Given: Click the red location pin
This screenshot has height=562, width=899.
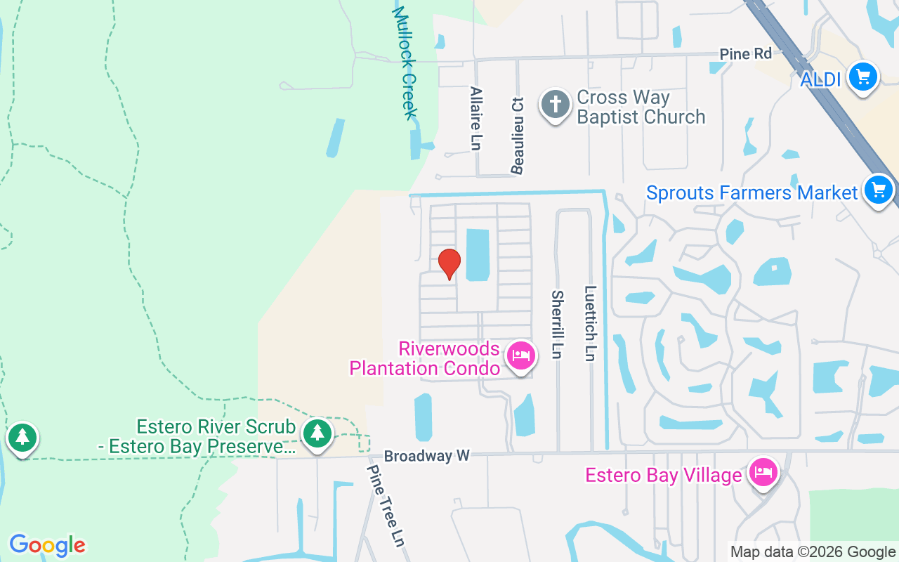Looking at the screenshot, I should (x=449, y=263).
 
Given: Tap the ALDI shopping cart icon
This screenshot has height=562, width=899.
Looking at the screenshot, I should (x=862, y=77).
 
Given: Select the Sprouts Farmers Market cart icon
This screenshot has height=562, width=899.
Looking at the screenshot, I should (x=878, y=190).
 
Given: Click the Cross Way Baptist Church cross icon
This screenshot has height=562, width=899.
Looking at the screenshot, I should (x=555, y=105).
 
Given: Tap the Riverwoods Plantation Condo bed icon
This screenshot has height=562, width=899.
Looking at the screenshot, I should (x=520, y=355).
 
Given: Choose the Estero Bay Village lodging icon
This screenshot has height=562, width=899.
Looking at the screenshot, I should (x=762, y=472).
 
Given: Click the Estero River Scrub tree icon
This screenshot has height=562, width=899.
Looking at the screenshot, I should (x=317, y=433).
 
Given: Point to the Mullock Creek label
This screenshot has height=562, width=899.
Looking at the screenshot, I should (x=405, y=63).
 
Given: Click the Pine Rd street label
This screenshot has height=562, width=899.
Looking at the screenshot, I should (x=745, y=54).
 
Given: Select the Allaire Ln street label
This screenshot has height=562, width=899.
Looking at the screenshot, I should (x=476, y=118).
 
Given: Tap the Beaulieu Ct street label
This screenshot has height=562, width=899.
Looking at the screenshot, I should (x=518, y=135).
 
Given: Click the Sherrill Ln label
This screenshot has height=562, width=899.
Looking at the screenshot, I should (x=558, y=325).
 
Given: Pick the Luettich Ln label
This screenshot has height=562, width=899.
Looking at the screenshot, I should (x=590, y=323).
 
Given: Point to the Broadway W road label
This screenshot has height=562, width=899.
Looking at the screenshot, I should (x=427, y=456).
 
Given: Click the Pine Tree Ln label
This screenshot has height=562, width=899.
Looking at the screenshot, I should (x=386, y=506).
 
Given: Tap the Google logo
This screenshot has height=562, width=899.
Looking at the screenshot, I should (x=47, y=545).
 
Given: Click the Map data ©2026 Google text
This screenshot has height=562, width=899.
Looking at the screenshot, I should (x=813, y=552).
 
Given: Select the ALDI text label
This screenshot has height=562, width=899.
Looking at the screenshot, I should (x=820, y=80).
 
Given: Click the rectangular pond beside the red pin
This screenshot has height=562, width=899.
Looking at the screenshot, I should (x=478, y=254).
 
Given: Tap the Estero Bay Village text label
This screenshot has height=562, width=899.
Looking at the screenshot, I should (x=664, y=476).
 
